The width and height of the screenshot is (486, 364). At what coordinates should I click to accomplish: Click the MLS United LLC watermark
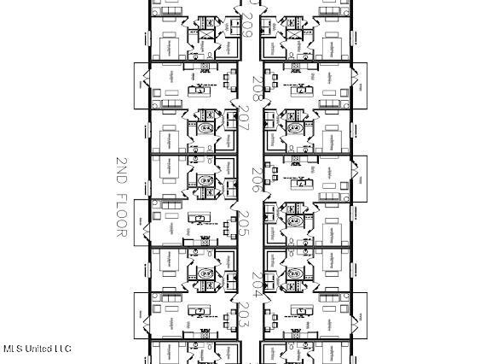point(38,349)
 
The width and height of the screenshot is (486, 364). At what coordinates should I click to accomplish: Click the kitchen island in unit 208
point(300,87)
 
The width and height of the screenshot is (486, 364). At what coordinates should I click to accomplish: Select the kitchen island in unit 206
point(302,182)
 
